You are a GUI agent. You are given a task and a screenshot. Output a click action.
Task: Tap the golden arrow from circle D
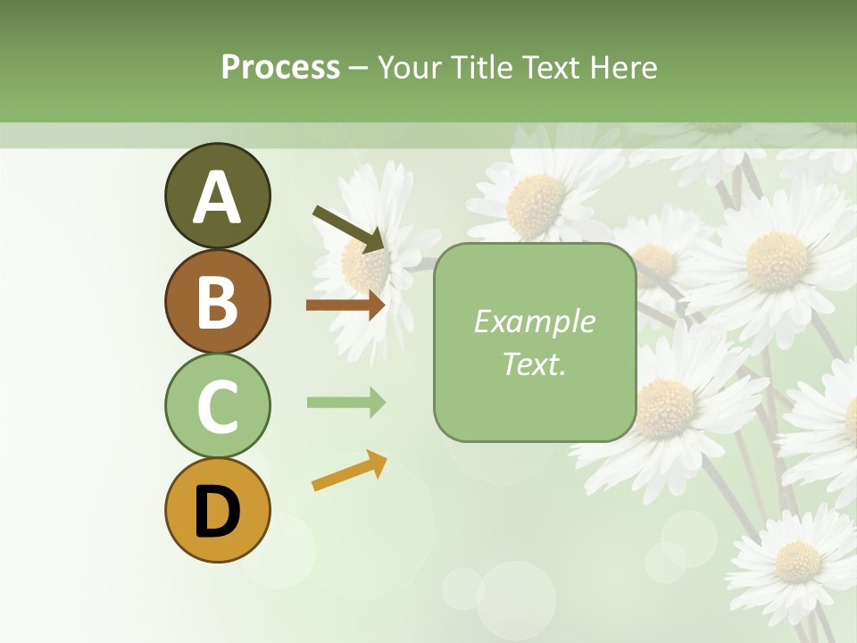point(349,471)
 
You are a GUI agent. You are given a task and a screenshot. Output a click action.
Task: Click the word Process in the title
point(280,68)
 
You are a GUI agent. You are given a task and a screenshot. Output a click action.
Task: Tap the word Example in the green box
point(534,321)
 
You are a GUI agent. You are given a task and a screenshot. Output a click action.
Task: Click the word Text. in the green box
point(534,363)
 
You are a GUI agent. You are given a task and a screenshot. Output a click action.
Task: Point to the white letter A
point(217,197)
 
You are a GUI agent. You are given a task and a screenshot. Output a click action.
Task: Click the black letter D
point(217,513)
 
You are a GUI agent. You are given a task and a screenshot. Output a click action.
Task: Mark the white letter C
point(217,407)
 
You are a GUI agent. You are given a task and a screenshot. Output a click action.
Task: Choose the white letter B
point(217,302)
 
